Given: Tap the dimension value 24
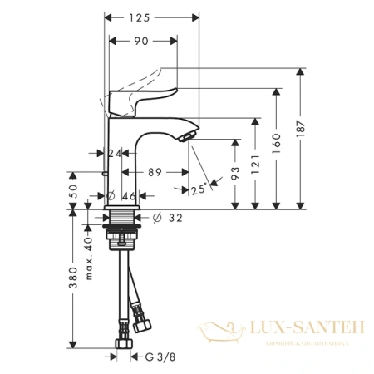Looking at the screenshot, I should (x=114, y=154).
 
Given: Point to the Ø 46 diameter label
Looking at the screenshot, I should (x=124, y=196).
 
